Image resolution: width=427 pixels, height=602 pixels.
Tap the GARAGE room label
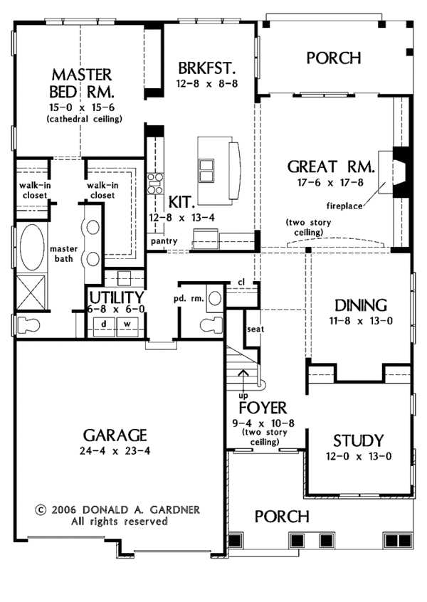pos(115,435)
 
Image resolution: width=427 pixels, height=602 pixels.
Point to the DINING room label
pos(361,305)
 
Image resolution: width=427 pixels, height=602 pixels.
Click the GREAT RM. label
pos(332,167)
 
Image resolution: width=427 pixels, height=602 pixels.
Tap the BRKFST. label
pos(207,68)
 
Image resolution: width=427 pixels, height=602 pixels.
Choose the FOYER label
pos(263,408)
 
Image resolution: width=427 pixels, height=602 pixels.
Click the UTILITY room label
pos(117,297)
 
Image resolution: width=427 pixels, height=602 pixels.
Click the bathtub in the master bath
pos(31,245)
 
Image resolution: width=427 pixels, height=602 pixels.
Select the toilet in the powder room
pos(209,326)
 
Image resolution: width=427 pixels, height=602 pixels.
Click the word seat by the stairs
pos(255,329)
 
